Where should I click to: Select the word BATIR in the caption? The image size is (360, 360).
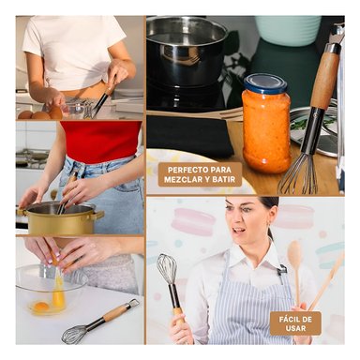222,180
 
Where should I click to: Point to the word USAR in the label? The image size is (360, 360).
295,328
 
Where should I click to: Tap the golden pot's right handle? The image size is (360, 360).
98,216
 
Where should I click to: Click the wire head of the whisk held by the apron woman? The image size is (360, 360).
167,269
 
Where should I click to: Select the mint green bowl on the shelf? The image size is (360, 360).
288,30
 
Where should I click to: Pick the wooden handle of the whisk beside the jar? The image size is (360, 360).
325,77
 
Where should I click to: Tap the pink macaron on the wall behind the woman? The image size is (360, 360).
193,221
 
